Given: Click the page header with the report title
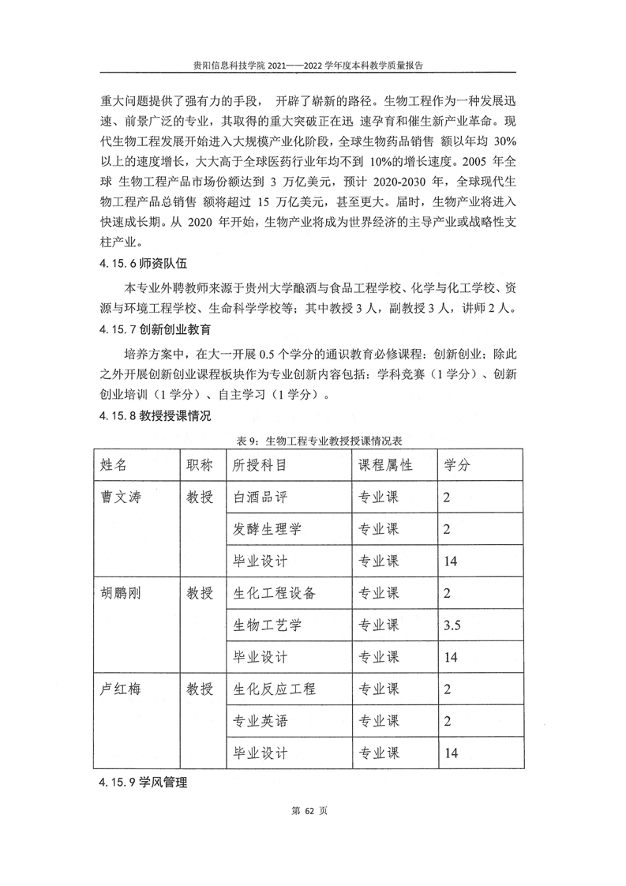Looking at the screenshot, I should (x=313, y=66).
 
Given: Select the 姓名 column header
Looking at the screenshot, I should (x=120, y=465).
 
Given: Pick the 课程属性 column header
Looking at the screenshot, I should (x=386, y=465).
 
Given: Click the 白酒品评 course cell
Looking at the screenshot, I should (x=267, y=497).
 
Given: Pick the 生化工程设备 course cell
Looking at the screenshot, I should (x=275, y=593).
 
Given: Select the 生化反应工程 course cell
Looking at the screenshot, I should (x=275, y=689).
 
